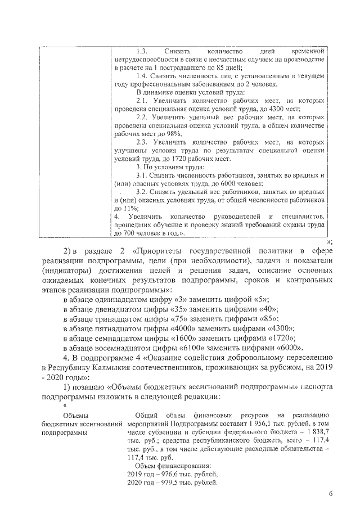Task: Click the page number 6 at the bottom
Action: [331, 493]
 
